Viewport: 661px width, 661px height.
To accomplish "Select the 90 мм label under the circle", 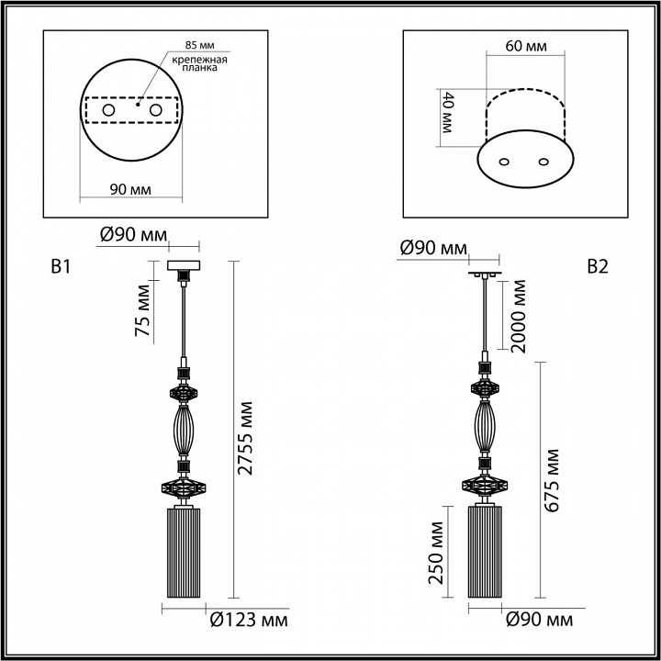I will [130, 189].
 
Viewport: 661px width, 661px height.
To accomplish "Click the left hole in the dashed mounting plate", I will [108, 111].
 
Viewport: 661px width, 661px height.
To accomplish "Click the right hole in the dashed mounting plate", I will [155, 111].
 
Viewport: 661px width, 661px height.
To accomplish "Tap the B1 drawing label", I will [61, 268].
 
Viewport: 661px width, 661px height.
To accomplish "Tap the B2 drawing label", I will [598, 267].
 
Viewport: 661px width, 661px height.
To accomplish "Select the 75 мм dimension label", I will [142, 315].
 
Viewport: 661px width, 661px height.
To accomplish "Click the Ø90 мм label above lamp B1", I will [133, 235].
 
